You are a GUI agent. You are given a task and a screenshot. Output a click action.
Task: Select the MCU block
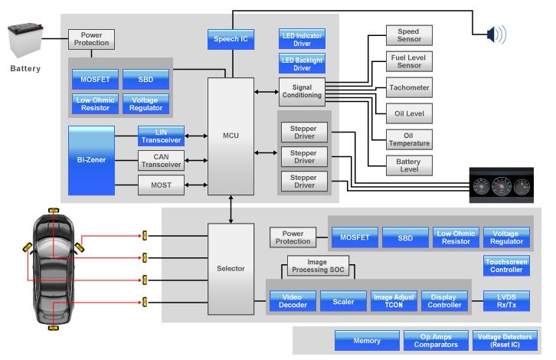pos(231,136)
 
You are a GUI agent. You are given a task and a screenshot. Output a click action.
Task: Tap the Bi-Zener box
pos(91,160)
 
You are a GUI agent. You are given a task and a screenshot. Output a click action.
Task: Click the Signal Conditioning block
pos(300,91)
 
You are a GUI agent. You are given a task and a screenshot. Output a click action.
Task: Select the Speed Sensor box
pos(408,34)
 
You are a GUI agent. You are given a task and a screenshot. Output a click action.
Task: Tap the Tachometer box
pos(408,87)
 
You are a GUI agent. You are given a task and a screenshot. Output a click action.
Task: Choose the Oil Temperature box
pos(408,139)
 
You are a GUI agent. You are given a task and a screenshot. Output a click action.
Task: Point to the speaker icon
pos(495,34)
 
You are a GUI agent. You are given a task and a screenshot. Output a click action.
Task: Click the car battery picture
pos(30,42)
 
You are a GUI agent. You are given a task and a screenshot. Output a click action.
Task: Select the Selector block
pos(231,268)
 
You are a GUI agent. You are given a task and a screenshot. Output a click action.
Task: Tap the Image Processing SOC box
pos(311,266)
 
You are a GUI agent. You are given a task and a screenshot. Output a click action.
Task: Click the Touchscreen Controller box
pos(506,266)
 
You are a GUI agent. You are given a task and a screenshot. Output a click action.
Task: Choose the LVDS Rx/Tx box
pos(506,301)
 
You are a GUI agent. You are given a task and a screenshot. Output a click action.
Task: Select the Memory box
pos(367,340)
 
